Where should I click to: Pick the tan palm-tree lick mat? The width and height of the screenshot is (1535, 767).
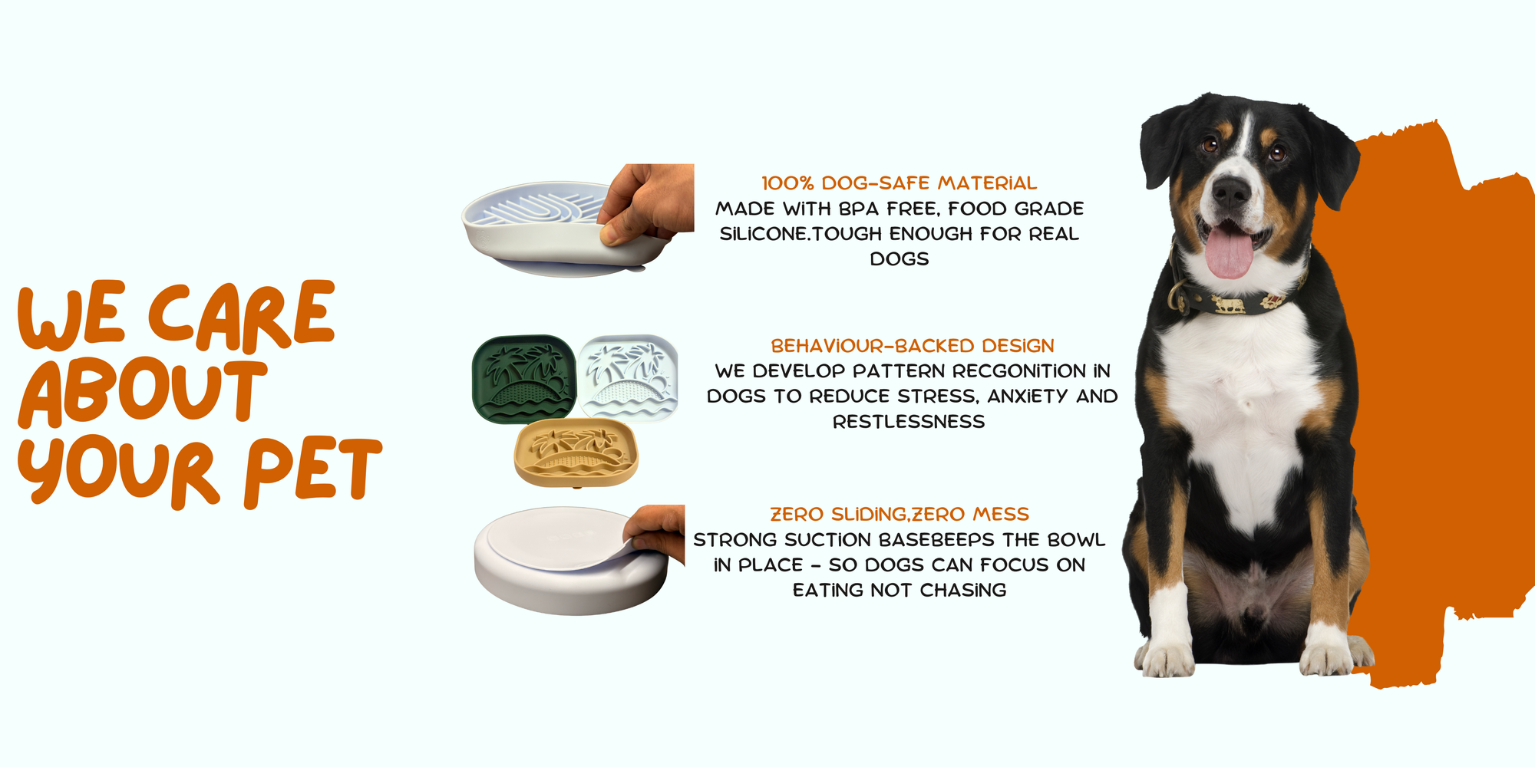pyautogui.click(x=576, y=453)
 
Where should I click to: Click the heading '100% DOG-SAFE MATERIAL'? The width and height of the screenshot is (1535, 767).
pyautogui.click(x=899, y=183)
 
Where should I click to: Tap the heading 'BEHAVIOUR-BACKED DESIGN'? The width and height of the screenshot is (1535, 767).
pyautogui.click(x=913, y=346)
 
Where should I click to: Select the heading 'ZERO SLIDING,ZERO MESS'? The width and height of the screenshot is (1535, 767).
pyautogui.click(x=900, y=515)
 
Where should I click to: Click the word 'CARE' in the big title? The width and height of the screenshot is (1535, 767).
pyautogui.click(x=242, y=313)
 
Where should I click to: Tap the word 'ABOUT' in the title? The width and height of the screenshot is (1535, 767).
pyautogui.click(x=142, y=391)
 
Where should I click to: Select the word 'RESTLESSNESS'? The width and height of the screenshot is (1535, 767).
pyautogui.click(x=909, y=422)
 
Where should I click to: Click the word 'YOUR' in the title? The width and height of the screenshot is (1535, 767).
pyautogui.click(x=119, y=469)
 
